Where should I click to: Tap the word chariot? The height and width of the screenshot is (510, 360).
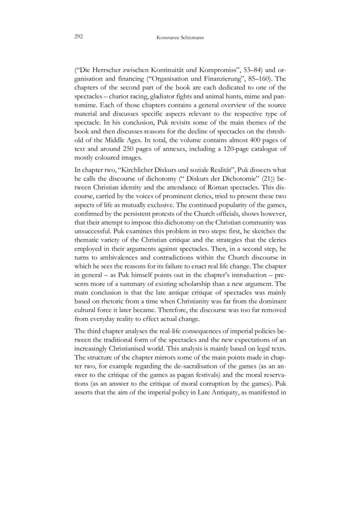114,96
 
